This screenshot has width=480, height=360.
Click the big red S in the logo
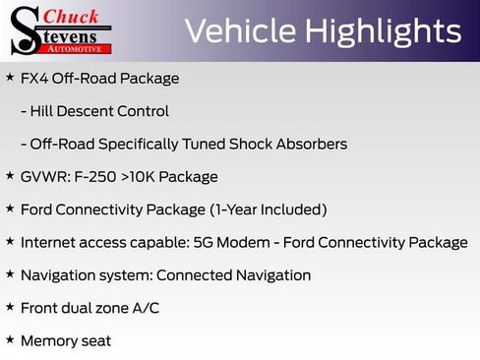pos(24,30)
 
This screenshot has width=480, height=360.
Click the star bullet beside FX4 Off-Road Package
pos(9,78)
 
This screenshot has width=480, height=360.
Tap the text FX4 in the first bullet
pos(34,78)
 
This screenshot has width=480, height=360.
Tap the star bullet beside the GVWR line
pos(9,177)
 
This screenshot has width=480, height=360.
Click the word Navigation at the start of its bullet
pos(58,275)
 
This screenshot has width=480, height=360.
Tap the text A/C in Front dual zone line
pos(145,308)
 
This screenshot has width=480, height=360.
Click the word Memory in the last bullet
pos(48,341)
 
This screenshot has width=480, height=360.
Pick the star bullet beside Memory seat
pos(9,340)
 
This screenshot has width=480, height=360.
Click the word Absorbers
pos(312,144)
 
